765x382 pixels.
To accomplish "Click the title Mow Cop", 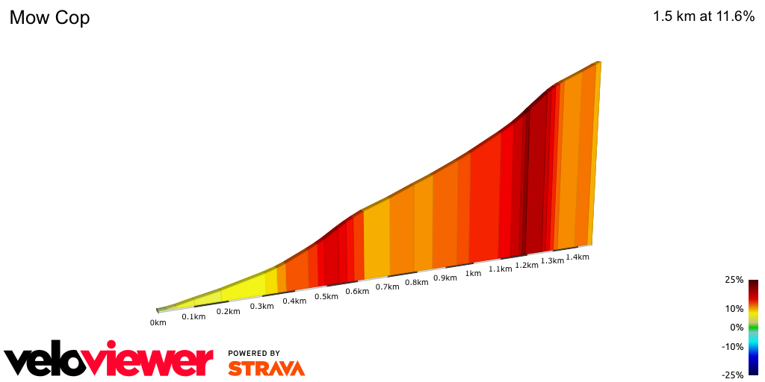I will click(x=49, y=18).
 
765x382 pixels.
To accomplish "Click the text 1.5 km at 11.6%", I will click(x=704, y=16).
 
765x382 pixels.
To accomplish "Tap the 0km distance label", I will click(x=158, y=323).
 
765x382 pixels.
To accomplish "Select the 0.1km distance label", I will click(x=193, y=317).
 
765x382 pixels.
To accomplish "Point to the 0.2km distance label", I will click(x=228, y=311).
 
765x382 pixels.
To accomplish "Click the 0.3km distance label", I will click(x=261, y=306).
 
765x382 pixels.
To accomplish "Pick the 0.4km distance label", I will click(x=294, y=301).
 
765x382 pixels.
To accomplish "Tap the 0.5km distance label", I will click(x=326, y=296).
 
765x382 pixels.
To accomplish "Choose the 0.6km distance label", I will click(x=357, y=291).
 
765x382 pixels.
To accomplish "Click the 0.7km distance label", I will click(x=387, y=286).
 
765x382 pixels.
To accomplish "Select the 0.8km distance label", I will click(x=416, y=282).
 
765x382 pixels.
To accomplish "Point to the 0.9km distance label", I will click(x=445, y=278).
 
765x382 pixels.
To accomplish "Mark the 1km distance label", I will click(x=473, y=273).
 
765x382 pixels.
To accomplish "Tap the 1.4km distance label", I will click(x=577, y=257).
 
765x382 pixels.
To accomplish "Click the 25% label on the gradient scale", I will click(x=734, y=280).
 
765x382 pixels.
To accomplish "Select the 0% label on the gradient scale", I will click(x=737, y=327).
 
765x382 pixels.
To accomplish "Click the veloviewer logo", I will click(x=108, y=360).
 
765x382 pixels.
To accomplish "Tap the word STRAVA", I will click(x=266, y=369).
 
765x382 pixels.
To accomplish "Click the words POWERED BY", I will click(x=254, y=353).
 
